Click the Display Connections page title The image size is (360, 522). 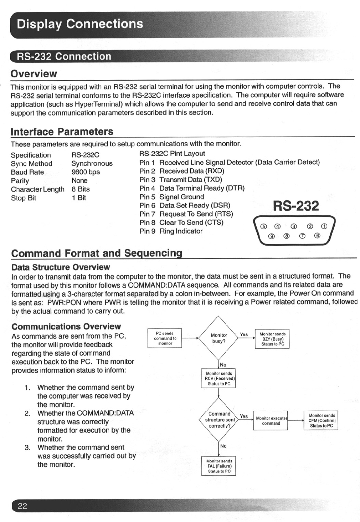tap(80, 24)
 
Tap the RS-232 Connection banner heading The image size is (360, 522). tap(64, 57)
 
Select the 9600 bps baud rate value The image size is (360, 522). tap(86, 172)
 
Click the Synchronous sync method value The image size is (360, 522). tap(92, 163)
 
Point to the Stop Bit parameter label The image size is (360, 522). tap(24, 198)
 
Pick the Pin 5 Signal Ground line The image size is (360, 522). tap(172, 197)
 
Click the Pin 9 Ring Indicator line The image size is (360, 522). tap(171, 231)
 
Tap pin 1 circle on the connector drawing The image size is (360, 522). tap(324, 226)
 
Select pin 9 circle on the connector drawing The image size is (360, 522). tap(272, 236)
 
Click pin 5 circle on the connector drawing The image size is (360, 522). tap(264, 226)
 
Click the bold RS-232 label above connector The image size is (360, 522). tap(296, 206)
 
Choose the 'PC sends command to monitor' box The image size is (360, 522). tap(165, 338)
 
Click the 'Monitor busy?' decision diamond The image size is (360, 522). tap(218, 338)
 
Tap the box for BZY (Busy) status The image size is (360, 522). tap(272, 339)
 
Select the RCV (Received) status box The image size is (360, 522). tap(219, 379)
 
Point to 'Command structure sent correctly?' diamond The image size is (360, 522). tap(219, 420)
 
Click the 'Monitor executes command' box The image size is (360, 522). tap(271, 421)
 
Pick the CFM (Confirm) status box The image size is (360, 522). tap(322, 420)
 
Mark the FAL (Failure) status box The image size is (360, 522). tap(219, 466)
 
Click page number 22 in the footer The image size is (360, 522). tap(22, 506)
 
